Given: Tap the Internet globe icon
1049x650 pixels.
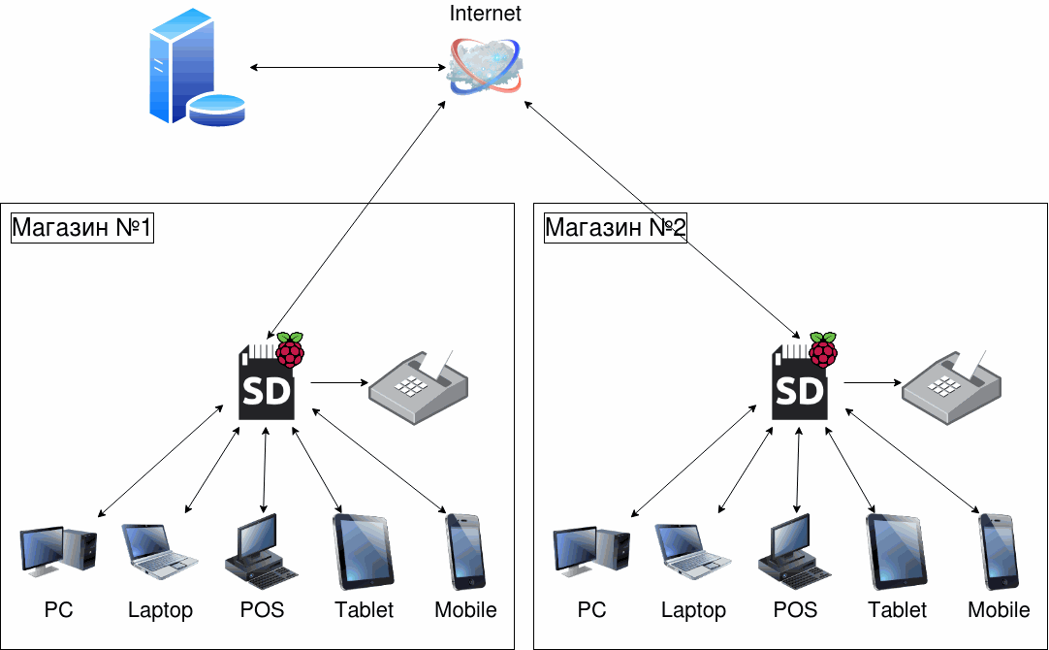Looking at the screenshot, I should click(486, 66).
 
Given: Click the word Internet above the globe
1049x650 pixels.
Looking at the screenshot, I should click(486, 14).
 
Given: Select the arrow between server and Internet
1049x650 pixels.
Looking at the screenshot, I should click(347, 67).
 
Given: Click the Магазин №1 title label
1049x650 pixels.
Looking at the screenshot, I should click(82, 228).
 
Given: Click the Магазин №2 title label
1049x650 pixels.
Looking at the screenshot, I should click(616, 228).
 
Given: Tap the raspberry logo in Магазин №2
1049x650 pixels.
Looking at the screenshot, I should click(824, 349).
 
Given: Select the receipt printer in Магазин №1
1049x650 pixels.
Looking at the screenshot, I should click(418, 387).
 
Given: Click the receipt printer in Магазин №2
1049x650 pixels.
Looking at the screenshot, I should click(951, 387).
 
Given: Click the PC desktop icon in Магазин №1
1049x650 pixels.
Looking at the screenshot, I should click(58, 551).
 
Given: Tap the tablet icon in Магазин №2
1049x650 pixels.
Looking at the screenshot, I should click(897, 551).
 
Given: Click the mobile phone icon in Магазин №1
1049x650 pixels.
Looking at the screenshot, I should click(465, 551).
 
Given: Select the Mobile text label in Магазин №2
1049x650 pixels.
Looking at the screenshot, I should click(999, 610).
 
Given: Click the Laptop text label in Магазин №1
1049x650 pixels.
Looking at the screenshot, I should click(160, 610).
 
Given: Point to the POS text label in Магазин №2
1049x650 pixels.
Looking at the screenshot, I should click(795, 610).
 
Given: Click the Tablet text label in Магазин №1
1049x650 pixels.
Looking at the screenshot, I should click(365, 610).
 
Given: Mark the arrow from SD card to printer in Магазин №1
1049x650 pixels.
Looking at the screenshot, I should click(334, 382).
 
